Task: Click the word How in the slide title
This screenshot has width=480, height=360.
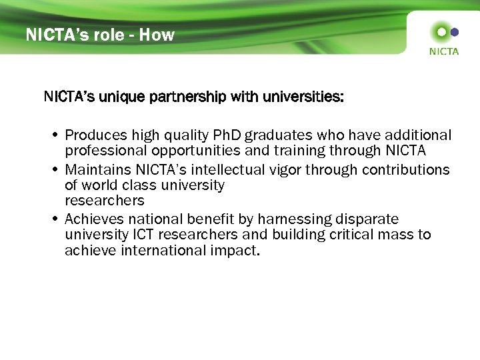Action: click(x=157, y=35)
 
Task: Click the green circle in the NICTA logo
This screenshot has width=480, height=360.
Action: click(x=440, y=31)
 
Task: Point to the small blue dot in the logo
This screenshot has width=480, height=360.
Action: click(x=455, y=31)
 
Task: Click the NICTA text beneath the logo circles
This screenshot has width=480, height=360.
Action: click(x=444, y=51)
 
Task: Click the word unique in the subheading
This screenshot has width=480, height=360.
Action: click(x=121, y=97)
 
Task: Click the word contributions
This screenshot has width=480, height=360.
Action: click(x=406, y=169)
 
